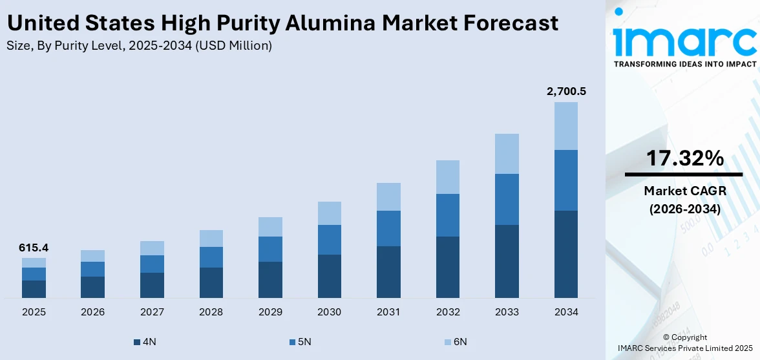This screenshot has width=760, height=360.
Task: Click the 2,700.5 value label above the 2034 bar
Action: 566,92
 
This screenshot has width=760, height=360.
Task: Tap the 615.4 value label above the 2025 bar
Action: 34,248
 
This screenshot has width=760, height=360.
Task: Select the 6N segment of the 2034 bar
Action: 566,126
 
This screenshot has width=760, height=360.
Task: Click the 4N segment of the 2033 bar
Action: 507,261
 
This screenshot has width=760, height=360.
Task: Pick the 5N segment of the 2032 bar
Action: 448,215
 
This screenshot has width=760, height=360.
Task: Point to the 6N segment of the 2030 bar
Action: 330,213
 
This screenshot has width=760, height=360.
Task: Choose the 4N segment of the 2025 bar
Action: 34,289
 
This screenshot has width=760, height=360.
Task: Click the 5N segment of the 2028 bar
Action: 211,257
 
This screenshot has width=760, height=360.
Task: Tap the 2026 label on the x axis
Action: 93,312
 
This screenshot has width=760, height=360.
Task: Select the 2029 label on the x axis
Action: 270,312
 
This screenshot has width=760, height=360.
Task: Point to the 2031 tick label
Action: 388,312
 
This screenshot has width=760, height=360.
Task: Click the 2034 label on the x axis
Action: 566,312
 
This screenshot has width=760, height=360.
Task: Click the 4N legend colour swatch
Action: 136,342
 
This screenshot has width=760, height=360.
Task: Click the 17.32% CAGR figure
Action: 684,158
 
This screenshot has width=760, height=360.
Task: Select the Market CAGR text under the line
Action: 683,191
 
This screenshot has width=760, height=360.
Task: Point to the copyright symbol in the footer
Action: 667,337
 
